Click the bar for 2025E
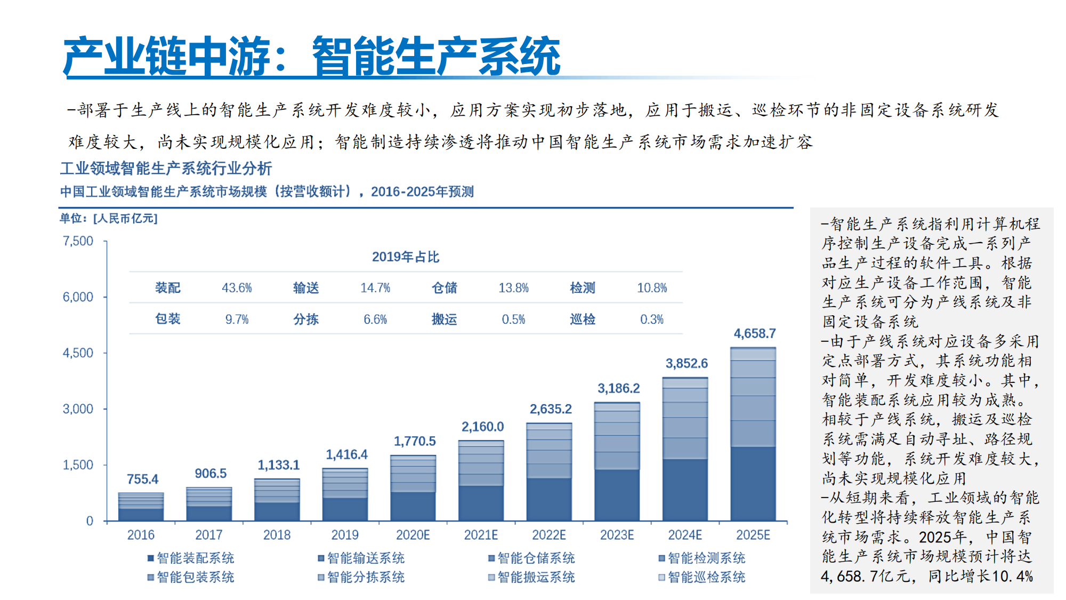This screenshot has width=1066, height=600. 753,434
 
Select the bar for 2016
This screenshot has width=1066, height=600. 141,507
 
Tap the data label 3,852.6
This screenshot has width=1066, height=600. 687,364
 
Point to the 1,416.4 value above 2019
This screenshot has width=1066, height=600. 346,455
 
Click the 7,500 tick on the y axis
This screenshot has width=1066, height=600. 78,241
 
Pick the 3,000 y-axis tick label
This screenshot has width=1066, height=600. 78,409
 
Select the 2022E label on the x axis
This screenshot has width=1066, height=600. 549,535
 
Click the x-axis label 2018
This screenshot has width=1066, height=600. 277,535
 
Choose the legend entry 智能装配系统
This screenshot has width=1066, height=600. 191,558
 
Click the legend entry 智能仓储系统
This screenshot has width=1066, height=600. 531,558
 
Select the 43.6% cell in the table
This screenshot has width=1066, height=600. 237,288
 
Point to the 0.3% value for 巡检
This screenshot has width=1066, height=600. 652,319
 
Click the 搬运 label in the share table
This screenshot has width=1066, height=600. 444,319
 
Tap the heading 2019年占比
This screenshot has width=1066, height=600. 405,257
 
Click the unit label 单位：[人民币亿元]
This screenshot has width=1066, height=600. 108,219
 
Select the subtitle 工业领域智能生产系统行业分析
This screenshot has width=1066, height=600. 166,169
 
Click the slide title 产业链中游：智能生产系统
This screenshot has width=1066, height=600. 312,56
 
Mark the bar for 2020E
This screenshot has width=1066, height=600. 413,488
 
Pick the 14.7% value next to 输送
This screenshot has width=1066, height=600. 375,288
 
